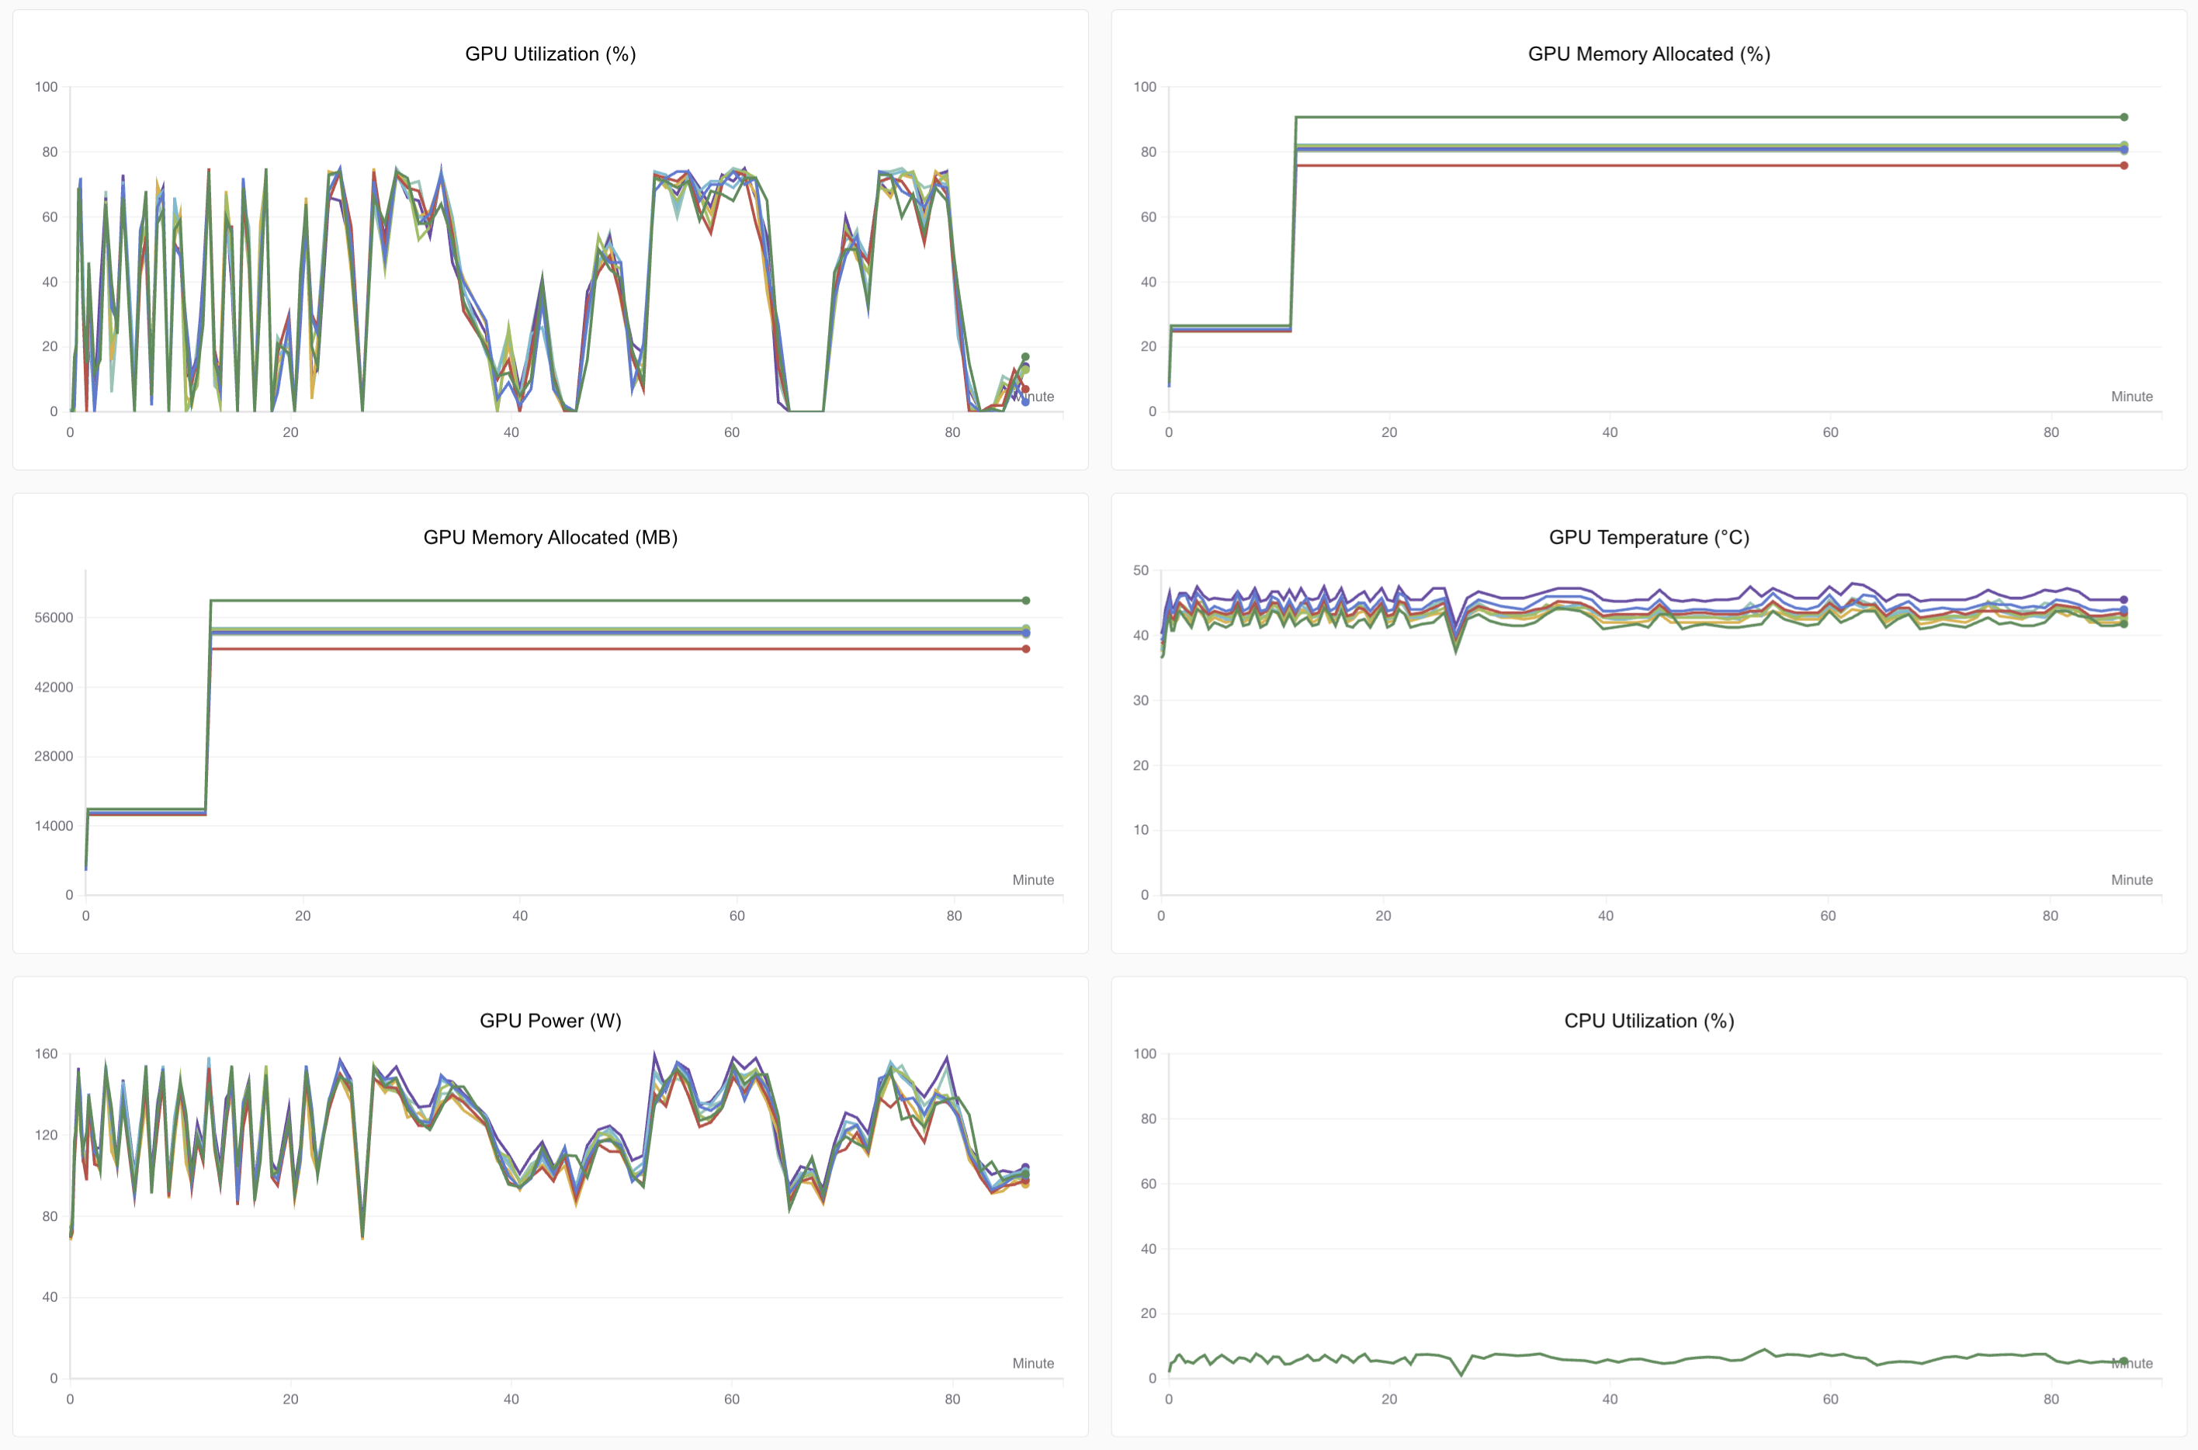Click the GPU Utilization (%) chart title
550,54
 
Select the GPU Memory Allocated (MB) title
550,537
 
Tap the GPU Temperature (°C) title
1648,537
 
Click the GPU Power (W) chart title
550,1021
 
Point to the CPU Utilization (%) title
1648,1021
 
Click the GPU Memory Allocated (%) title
1648,54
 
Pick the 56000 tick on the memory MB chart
54,618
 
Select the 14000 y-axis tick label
54,826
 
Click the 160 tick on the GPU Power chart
47,1054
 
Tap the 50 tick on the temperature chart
1141,571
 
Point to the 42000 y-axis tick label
54,687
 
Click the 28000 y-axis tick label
54,757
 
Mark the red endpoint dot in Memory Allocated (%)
2124,165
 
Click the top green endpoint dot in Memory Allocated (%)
2124,117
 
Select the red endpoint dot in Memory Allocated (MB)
1025,649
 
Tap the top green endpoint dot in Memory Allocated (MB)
1025,601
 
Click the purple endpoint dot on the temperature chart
2124,600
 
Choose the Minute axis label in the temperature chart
2131,880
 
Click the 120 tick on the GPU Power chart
47,1136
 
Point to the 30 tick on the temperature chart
1141,701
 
